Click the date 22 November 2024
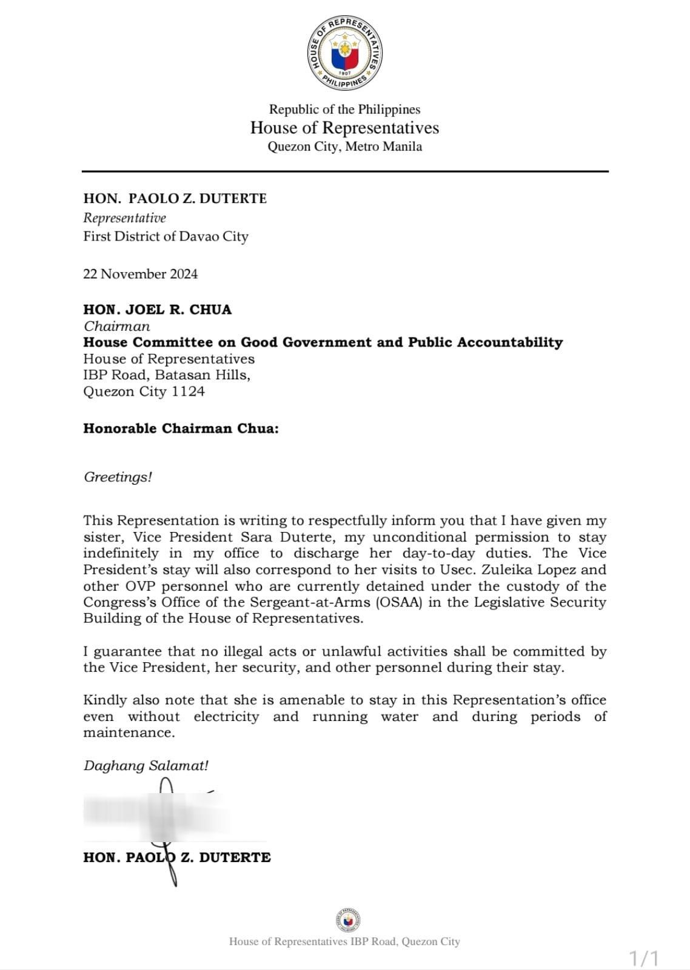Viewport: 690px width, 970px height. [x=140, y=274]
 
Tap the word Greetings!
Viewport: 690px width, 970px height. [x=118, y=477]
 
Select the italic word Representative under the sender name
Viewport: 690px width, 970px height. [x=124, y=218]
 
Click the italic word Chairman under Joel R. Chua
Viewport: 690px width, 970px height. [x=116, y=326]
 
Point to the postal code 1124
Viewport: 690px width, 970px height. [x=188, y=391]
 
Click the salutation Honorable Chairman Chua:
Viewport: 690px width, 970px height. [x=181, y=428]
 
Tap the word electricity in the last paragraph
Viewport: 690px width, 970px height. [x=226, y=717]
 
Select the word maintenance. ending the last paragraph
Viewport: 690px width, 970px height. [x=129, y=732]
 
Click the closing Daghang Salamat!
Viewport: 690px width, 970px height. [x=146, y=765]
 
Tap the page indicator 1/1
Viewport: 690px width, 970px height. [x=643, y=958]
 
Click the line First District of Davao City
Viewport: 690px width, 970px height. [x=166, y=236]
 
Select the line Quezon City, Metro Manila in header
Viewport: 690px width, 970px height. [x=344, y=147]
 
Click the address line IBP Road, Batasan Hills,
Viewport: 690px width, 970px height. [x=167, y=375]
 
